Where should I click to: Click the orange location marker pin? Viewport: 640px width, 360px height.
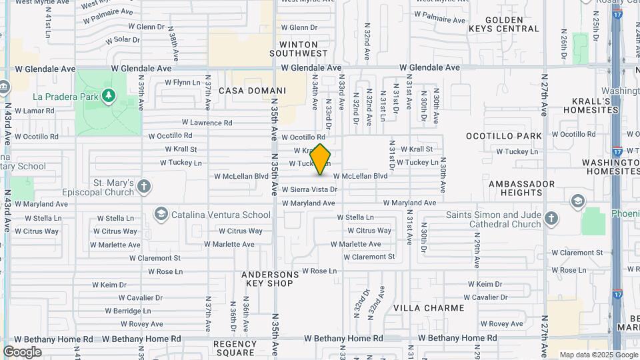coord(321,159)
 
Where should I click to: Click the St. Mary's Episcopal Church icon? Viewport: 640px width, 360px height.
coord(145,186)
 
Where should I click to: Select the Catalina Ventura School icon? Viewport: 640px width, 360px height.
coord(160,215)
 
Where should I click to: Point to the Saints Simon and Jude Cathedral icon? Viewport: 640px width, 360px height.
coord(551,218)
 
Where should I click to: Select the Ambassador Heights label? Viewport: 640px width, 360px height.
coord(521,188)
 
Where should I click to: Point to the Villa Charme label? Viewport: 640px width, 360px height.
coord(429,308)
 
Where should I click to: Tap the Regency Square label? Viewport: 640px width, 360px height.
coord(234,348)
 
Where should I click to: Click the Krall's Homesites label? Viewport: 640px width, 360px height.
coord(591,105)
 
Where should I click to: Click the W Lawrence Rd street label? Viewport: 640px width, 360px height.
coord(207,123)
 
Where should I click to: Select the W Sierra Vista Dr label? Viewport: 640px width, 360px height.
coord(310,189)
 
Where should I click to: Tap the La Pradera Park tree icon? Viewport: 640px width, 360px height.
coord(108,96)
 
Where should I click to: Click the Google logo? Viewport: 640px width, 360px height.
coord(22,351)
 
